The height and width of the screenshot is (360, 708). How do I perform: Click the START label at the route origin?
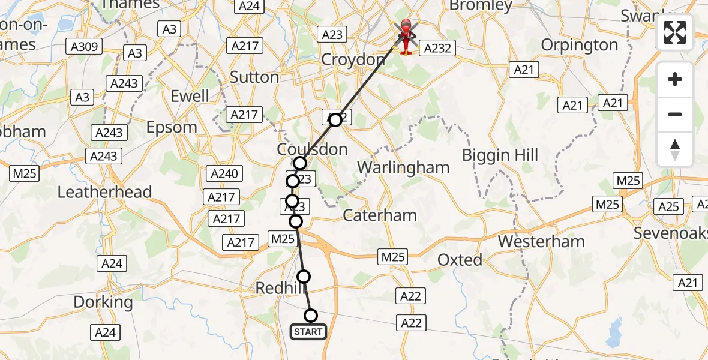(x=308, y=332)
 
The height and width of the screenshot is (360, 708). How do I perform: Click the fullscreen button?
(x=675, y=32)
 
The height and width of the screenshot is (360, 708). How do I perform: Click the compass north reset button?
(x=675, y=149)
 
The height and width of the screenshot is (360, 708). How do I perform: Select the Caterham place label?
(x=380, y=215)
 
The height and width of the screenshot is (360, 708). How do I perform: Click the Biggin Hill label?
(x=500, y=155)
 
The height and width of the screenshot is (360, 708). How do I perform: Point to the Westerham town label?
(x=541, y=242)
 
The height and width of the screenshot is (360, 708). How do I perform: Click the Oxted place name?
(x=460, y=260)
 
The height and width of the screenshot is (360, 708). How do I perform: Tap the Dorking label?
(x=103, y=302)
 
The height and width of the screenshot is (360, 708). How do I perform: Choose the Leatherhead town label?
(x=104, y=192)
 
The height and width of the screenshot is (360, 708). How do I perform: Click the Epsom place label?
(x=172, y=127)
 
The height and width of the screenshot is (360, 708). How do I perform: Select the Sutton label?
(x=254, y=77)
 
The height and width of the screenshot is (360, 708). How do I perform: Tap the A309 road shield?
(x=85, y=47)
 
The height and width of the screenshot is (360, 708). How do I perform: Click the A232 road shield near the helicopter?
(x=437, y=49)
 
